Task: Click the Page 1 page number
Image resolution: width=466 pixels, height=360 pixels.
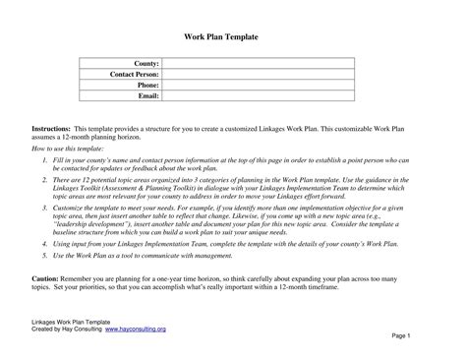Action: point(428,335)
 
